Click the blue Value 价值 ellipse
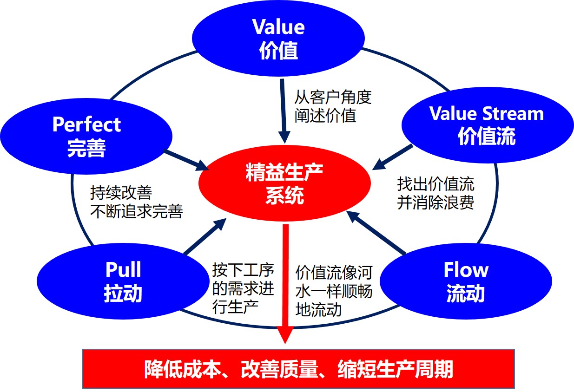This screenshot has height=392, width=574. coord(278,39)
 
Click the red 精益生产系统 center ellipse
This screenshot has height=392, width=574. coord(284,186)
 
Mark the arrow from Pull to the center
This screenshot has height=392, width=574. coord(205,237)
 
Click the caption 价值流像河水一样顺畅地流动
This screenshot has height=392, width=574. coord(333,291)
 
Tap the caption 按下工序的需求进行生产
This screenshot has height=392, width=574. coord(243,291)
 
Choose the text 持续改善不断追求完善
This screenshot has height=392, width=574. coord(136,203)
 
